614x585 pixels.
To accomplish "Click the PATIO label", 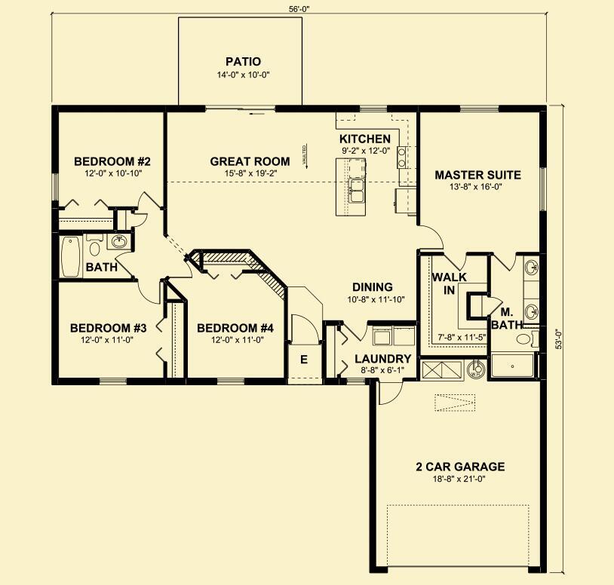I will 242,61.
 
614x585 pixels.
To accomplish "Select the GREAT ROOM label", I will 250,161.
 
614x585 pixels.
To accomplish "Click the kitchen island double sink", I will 355,190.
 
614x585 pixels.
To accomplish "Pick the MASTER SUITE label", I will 477,175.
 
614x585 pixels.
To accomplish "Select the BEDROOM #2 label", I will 112,161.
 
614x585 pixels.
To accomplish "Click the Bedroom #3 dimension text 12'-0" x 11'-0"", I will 108,339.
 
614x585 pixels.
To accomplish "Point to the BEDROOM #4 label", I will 235,328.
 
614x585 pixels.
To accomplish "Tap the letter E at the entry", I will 304,360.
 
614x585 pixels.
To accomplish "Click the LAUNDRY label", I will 383,359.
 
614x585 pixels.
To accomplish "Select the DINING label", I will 373,287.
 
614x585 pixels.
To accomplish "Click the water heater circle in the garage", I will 474,370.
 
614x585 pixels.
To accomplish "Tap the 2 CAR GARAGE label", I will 459,467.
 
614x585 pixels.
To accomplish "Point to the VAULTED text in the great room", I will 305,155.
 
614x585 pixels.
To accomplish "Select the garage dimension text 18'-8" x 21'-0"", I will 459,479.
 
